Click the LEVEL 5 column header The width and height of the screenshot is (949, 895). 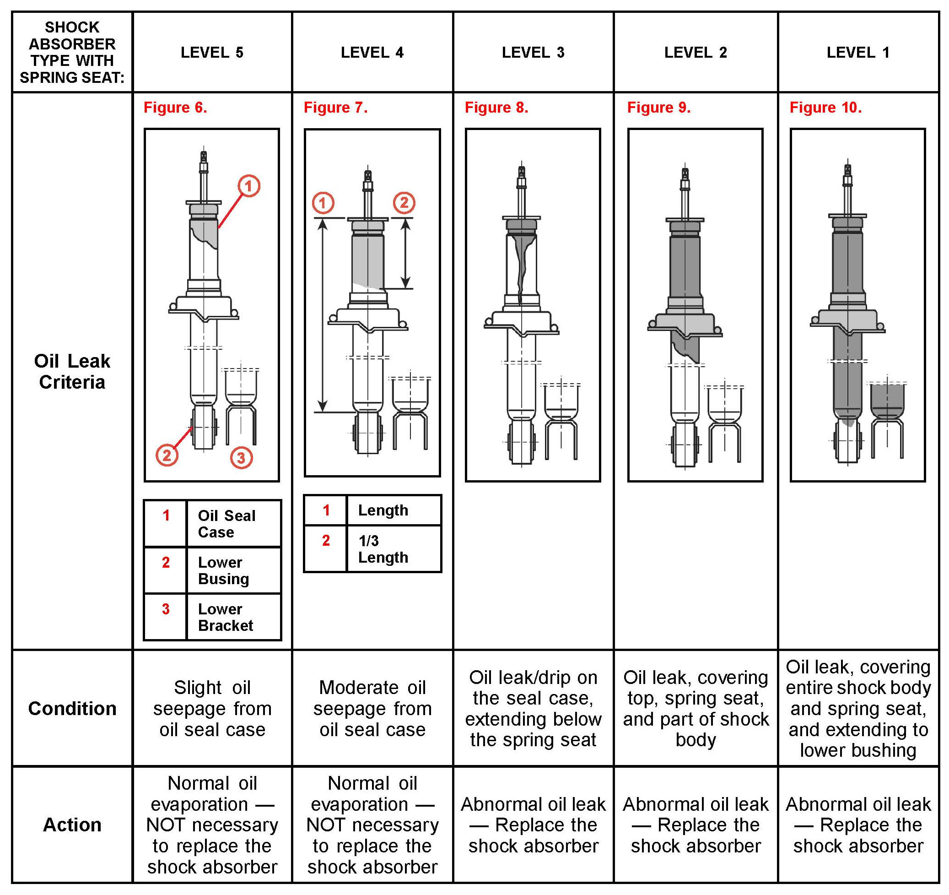click(212, 53)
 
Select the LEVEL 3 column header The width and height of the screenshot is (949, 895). click(533, 53)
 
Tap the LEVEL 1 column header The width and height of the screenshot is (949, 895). click(858, 53)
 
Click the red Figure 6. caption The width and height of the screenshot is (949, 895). click(175, 108)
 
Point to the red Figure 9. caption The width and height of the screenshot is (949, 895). click(659, 108)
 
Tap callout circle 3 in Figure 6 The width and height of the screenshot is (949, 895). click(241, 457)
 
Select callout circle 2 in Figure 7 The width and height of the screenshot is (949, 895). click(404, 203)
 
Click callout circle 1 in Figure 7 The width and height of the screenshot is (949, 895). click(323, 203)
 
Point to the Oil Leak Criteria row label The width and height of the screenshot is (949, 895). click(72, 371)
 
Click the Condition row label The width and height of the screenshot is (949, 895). click(72, 708)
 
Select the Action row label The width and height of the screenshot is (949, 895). click(72, 825)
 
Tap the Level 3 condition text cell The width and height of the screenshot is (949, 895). click(533, 708)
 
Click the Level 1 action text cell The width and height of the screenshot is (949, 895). click(858, 825)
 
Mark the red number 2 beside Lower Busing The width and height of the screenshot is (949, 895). click(166, 562)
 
